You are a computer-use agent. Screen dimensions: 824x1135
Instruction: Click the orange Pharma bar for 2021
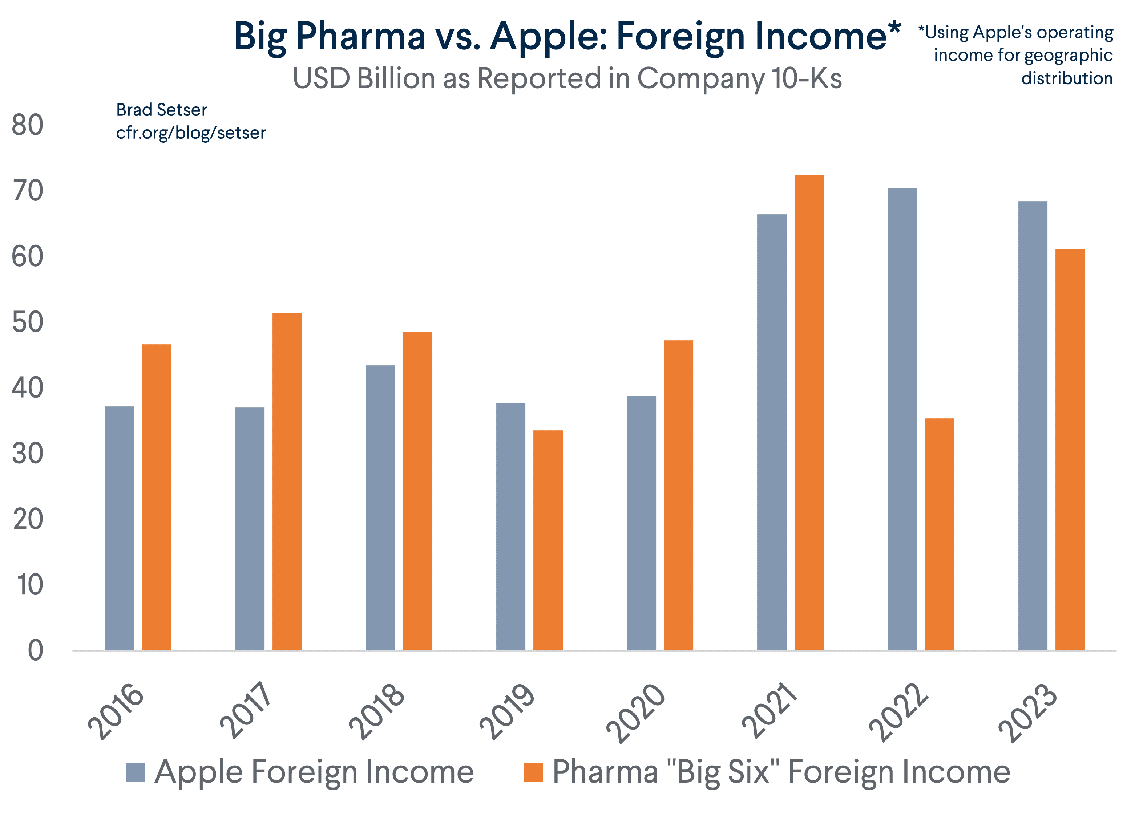coord(809,413)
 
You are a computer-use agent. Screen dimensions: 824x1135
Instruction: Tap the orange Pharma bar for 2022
coord(939,534)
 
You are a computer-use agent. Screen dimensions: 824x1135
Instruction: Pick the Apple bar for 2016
coord(119,528)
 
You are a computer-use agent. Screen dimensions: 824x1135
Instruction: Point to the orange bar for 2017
coord(287,481)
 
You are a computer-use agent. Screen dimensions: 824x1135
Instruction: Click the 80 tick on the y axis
coord(28,125)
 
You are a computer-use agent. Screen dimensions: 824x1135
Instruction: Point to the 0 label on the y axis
coord(35,651)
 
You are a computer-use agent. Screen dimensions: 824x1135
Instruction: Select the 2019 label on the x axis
coord(506,710)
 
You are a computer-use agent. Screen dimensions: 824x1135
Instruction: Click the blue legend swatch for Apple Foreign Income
coord(135,772)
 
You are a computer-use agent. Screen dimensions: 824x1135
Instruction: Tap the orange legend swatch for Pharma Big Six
coord(533,772)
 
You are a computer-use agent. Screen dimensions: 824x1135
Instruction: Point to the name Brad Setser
coord(161,110)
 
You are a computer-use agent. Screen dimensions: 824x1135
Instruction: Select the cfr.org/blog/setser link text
coord(191,133)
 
